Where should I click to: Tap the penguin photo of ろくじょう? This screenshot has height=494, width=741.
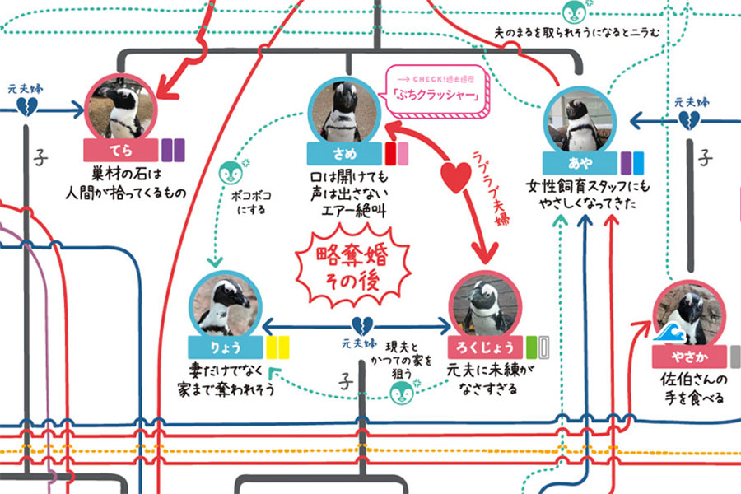click(487, 304)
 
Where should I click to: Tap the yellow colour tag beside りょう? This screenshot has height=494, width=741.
click(277, 347)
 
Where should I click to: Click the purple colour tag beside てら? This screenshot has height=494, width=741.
click(173, 151)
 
